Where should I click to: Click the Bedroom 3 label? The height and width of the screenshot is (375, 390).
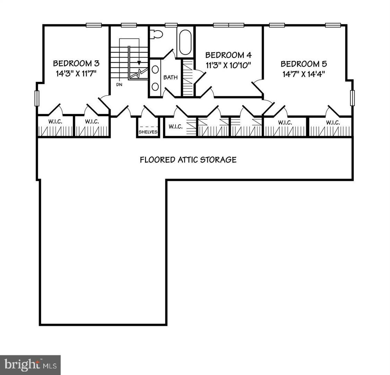(x=76, y=64)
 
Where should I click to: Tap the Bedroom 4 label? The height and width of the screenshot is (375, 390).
(x=228, y=55)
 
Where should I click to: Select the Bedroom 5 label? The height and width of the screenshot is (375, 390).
(x=304, y=64)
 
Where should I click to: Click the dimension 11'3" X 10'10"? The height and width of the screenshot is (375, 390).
(x=228, y=65)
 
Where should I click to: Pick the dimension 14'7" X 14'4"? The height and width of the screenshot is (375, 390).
(x=304, y=74)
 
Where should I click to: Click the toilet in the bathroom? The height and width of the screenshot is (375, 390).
(x=157, y=34)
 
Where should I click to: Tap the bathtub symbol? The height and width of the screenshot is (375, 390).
(x=185, y=42)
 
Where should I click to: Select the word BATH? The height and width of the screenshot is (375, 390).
(x=171, y=77)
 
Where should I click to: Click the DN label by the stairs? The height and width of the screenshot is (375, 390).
(x=119, y=84)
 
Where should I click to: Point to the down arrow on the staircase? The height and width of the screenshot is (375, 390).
(x=139, y=63)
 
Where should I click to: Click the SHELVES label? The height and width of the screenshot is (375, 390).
(x=148, y=132)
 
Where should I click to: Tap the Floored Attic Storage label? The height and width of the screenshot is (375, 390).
(x=188, y=160)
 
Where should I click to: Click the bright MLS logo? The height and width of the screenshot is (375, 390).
(x=30, y=365)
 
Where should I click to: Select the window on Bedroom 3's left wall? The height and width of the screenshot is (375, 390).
(x=37, y=98)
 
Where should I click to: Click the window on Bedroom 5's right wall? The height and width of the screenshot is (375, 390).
(x=352, y=98)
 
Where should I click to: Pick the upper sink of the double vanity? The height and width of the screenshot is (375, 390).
(x=155, y=69)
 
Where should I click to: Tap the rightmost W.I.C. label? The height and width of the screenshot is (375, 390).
(x=332, y=122)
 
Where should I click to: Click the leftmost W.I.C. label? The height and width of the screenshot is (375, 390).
(x=55, y=122)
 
